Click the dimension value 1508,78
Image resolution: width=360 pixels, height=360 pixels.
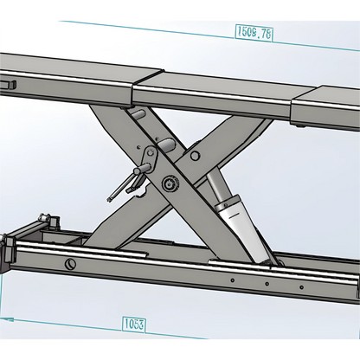254,33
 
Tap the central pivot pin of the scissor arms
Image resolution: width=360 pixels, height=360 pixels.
170,183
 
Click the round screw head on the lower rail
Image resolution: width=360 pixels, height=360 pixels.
68,263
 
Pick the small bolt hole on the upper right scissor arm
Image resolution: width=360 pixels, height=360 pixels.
195,157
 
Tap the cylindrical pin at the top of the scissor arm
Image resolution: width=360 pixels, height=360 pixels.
137,112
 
